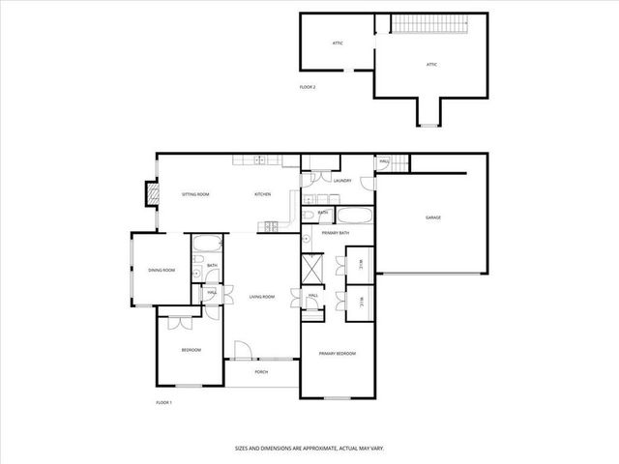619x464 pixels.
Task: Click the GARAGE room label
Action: (x=432, y=217)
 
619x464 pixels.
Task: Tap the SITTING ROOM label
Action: (x=195, y=194)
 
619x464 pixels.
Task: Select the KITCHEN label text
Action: (x=262, y=194)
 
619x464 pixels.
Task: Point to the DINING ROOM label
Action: (x=162, y=271)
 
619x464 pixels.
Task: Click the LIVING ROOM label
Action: (x=262, y=297)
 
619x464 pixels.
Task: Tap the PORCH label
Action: (x=261, y=372)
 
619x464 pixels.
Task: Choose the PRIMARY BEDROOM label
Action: (x=338, y=354)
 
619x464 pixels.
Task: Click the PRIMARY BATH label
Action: (x=336, y=233)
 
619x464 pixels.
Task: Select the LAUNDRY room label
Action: (x=341, y=180)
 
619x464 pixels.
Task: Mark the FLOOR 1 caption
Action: (x=163, y=402)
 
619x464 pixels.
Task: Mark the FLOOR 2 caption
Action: (x=308, y=87)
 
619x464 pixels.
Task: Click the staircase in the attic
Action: (x=423, y=22)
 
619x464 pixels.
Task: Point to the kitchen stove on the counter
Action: (x=270, y=227)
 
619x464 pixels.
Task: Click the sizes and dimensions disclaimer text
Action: (x=309, y=448)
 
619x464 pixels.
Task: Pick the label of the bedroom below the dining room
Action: (x=191, y=350)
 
